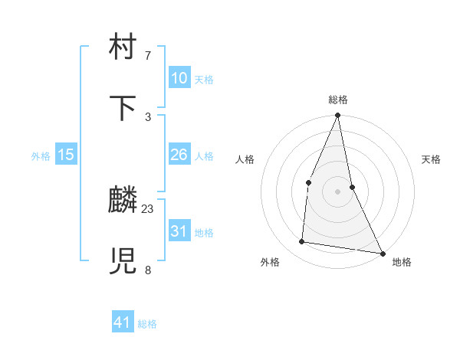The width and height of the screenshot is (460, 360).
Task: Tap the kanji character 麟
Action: coord(123,201)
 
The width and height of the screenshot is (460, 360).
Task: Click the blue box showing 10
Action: coord(179,78)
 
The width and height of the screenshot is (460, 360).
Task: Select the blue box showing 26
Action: coord(179,155)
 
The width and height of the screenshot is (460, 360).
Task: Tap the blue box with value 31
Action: coord(179,231)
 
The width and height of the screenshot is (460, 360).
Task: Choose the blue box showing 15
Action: coord(66,155)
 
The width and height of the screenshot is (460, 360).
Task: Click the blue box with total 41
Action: coord(123,322)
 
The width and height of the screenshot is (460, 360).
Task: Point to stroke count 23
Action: coord(148,208)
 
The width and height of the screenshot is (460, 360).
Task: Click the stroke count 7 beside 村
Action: coord(148,56)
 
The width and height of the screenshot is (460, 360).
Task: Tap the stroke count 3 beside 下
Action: coord(148,116)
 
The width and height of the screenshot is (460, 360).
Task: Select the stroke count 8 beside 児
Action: coord(148,270)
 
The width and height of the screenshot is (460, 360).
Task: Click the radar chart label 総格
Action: coord(338,100)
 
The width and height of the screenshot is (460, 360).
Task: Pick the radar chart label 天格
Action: coord(432,159)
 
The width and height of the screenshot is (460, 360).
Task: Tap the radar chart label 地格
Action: coord(402,262)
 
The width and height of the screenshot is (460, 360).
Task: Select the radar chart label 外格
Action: coord(270,262)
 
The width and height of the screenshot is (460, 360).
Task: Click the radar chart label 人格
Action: coord(245,159)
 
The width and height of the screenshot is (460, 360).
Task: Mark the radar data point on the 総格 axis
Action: coord(338,115)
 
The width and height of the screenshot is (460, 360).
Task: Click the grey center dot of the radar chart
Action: coord(338,191)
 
